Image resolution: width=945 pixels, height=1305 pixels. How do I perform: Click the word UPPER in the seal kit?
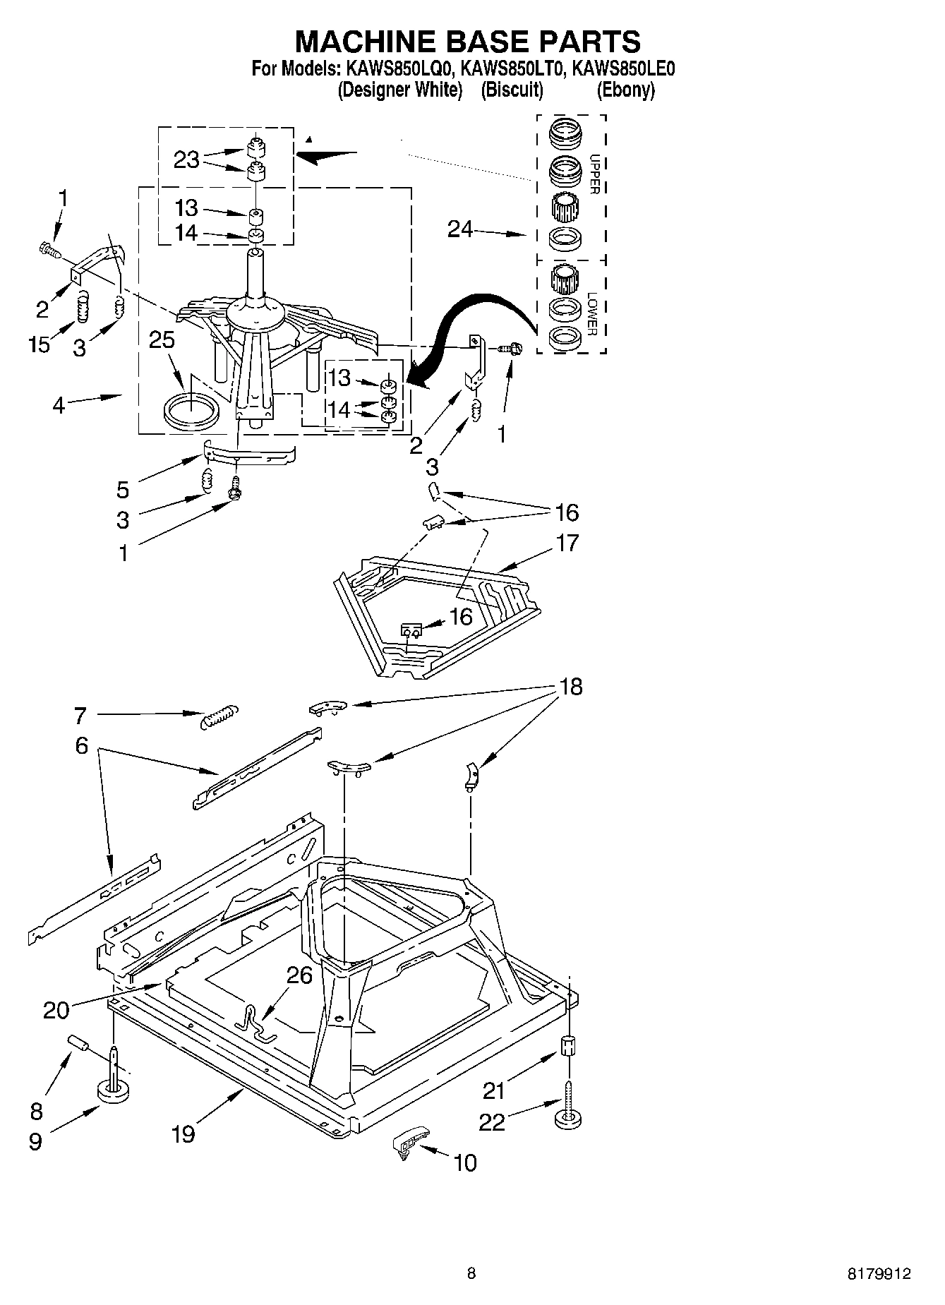click(x=594, y=174)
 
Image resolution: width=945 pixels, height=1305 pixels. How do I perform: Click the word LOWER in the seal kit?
click(x=593, y=313)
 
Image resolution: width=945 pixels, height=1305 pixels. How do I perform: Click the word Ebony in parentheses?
click(x=626, y=90)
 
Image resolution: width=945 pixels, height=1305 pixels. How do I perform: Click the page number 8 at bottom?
click(x=471, y=1274)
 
